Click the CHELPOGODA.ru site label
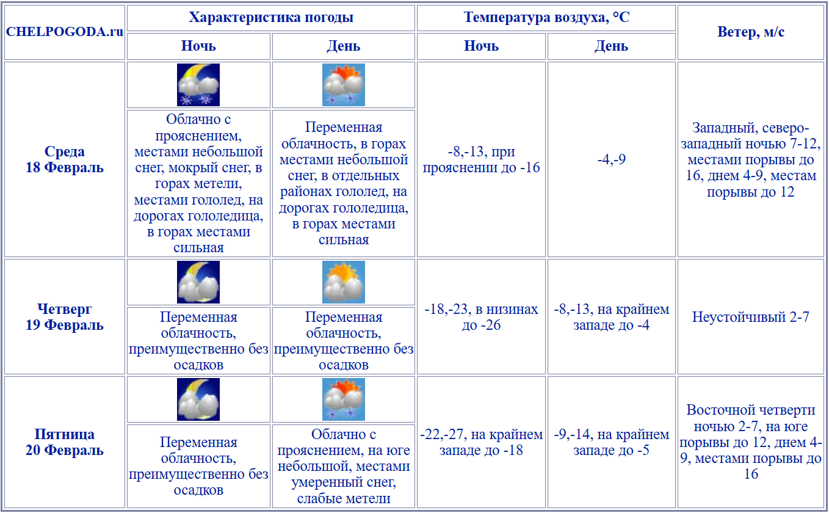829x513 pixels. click(65, 32)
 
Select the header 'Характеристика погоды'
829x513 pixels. click(271, 18)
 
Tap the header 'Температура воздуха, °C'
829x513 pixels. click(546, 18)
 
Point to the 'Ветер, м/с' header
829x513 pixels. click(751, 32)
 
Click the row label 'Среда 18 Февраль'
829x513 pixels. click(65, 159)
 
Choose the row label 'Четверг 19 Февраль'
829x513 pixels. click(65, 317)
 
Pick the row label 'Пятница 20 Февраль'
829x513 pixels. click(65, 443)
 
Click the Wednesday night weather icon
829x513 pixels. click(198, 85)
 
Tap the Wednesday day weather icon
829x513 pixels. click(344, 85)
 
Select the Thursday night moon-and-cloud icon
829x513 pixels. click(198, 282)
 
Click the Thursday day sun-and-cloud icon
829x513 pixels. click(344, 282)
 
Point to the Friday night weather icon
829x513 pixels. click(198, 399)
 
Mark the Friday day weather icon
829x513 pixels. click(344, 399)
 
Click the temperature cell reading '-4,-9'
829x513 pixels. click(612, 159)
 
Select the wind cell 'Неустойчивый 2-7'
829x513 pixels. click(751, 317)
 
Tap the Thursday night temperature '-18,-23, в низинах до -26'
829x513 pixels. click(482, 317)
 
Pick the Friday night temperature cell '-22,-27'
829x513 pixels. click(482, 443)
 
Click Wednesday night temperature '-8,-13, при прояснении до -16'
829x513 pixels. click(482, 159)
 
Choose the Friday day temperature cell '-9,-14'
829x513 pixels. click(612, 443)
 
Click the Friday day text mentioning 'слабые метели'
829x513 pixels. click(344, 467)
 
